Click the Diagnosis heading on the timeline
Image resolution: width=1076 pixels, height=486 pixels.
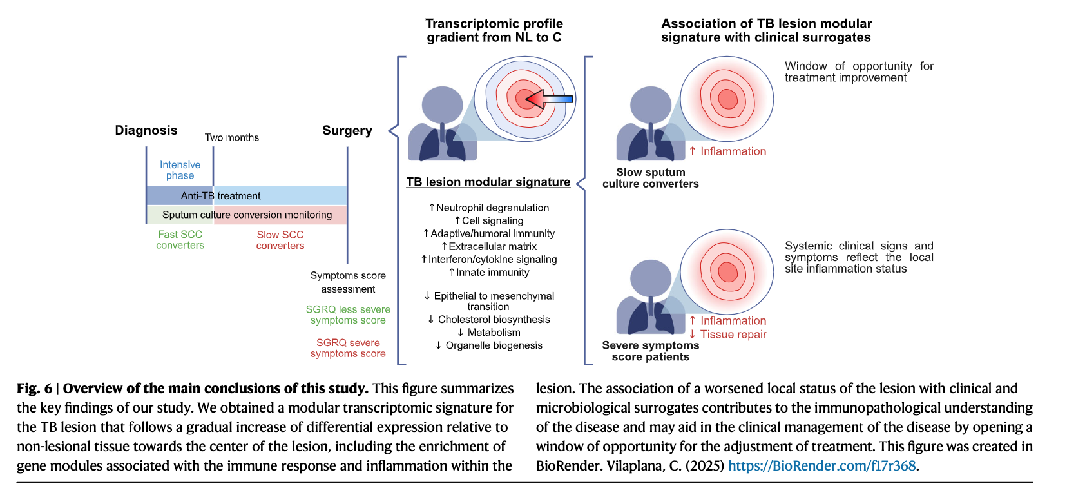coord(146,130)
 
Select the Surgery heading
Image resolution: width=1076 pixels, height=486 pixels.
coord(347,130)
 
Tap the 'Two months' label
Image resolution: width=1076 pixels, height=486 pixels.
coord(232,137)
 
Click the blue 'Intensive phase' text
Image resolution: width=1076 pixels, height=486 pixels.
coord(180,170)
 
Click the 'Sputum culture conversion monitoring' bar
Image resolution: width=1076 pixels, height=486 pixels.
coord(247,215)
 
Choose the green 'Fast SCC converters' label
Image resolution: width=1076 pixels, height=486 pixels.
coord(180,240)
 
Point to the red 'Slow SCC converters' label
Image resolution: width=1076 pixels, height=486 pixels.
coord(280,240)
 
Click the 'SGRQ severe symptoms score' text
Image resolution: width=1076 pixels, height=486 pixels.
coord(348,348)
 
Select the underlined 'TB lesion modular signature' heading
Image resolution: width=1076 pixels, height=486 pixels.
coord(488,182)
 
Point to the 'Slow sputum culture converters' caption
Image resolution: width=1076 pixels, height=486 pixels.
coord(650,178)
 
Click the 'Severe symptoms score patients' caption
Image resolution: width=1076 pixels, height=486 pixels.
coord(650,351)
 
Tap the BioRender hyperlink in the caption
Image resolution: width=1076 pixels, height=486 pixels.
coord(821,465)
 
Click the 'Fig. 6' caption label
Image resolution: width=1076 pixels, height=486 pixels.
coord(35,388)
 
